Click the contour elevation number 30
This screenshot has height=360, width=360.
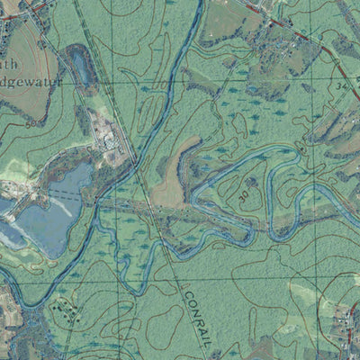pyautogui.click(x=244, y=193)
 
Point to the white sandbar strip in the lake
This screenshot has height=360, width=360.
pyautogui.click(x=54, y=202)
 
